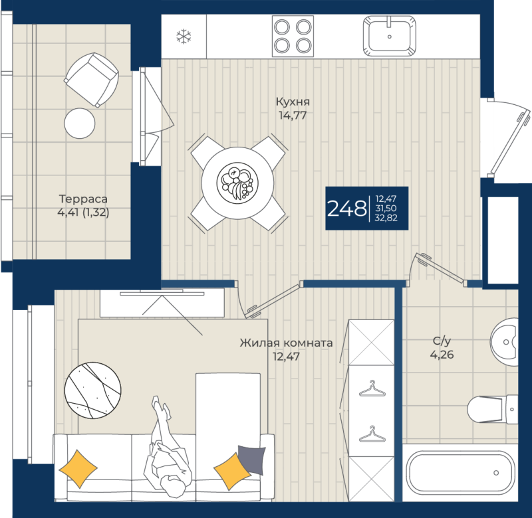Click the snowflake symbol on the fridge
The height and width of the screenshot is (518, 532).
click(x=184, y=37)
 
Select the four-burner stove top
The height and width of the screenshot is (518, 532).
click(x=293, y=37)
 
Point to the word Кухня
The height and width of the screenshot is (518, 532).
click(x=293, y=102)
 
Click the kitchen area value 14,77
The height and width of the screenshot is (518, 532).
click(x=293, y=115)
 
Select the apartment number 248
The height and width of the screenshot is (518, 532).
click(x=346, y=209)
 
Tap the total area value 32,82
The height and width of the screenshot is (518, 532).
click(x=386, y=218)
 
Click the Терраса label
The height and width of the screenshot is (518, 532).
click(x=83, y=199)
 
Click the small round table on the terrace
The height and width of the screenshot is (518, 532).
click(x=80, y=123)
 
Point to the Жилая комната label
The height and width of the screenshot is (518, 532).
click(x=286, y=343)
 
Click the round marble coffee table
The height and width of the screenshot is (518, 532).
click(x=92, y=389)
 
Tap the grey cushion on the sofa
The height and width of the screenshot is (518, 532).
click(x=251, y=458)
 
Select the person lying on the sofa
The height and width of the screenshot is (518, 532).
click(x=166, y=445)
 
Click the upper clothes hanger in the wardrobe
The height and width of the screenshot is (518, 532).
click(x=372, y=389)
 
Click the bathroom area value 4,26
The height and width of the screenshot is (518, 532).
click(x=442, y=354)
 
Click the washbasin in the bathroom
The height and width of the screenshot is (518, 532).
click(x=507, y=343)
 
